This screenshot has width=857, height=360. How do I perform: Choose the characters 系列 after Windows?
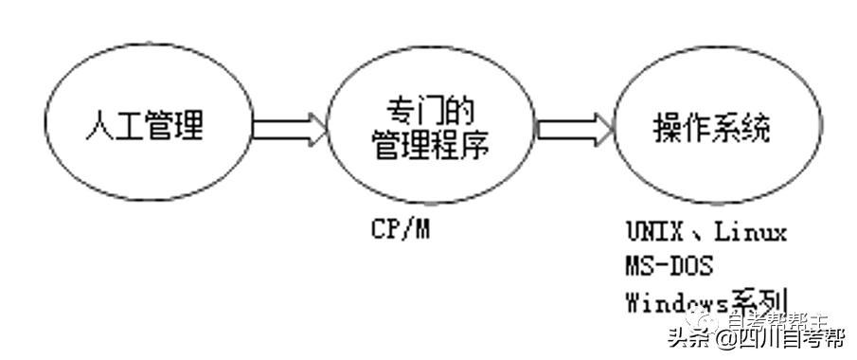tap(758, 299)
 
